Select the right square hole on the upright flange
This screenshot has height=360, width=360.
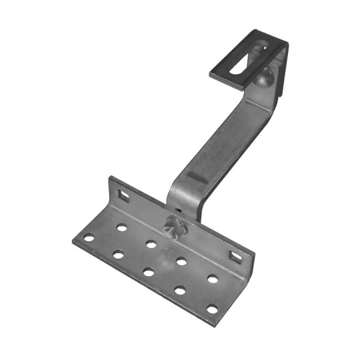[x=236, y=257]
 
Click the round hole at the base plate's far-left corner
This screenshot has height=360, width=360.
[x=89, y=238]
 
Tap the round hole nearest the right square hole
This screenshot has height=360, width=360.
[x=212, y=279]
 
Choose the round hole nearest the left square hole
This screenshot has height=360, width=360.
[x=122, y=228]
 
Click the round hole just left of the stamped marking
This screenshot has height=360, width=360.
[x=151, y=244]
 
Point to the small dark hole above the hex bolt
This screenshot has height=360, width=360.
[x=176, y=212]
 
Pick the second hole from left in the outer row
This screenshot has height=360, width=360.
[x=118, y=255]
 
